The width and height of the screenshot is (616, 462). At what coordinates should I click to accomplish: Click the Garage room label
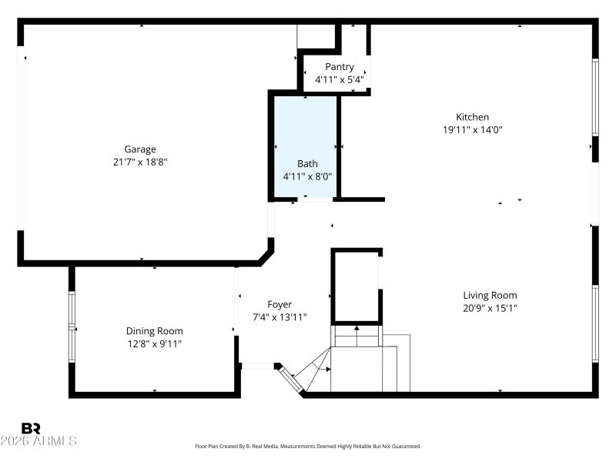pyautogui.click(x=140, y=149)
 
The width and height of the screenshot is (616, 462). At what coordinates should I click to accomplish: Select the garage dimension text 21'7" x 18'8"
pyautogui.click(x=140, y=162)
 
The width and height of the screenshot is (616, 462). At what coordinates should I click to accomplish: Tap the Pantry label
pyautogui.click(x=339, y=67)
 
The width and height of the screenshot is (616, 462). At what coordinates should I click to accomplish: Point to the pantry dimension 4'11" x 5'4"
pyautogui.click(x=339, y=79)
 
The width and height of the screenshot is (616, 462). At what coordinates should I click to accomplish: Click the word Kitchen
pyautogui.click(x=472, y=117)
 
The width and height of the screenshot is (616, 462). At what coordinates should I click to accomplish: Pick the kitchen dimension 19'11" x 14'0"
pyautogui.click(x=472, y=129)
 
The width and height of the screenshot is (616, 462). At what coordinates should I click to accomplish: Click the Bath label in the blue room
pyautogui.click(x=307, y=163)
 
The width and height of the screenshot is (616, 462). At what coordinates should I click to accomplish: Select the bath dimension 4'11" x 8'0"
pyautogui.click(x=307, y=176)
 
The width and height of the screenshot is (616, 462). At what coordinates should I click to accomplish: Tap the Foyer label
pyautogui.click(x=279, y=305)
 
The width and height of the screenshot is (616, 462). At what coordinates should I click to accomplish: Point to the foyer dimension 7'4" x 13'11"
pyautogui.click(x=279, y=317)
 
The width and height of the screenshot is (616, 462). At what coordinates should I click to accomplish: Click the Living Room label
pyautogui.click(x=490, y=295)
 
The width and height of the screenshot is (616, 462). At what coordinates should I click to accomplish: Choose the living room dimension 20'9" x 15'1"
pyautogui.click(x=490, y=308)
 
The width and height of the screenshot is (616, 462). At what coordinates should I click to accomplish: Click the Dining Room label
pyautogui.click(x=154, y=331)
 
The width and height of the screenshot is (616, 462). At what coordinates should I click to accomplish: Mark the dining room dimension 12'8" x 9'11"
pyautogui.click(x=154, y=343)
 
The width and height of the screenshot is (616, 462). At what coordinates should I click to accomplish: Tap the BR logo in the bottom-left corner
pyautogui.click(x=31, y=428)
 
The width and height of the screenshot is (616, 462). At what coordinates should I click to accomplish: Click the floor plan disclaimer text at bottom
pyautogui.click(x=308, y=446)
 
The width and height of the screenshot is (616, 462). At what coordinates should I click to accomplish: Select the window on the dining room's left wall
pyautogui.click(x=72, y=327)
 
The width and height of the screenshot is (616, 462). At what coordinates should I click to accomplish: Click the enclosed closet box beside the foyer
pyautogui.click(x=356, y=286)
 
